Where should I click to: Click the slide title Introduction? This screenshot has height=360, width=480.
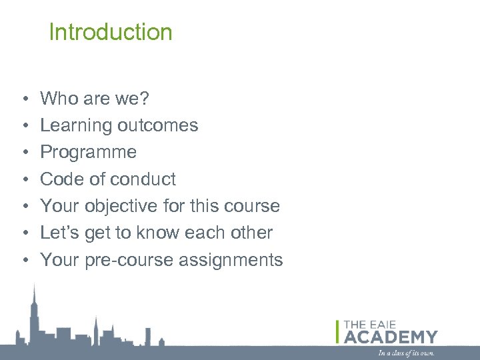(x=111, y=32)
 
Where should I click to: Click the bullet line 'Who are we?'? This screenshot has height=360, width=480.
(x=95, y=99)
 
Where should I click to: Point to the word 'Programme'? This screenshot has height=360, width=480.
(x=88, y=152)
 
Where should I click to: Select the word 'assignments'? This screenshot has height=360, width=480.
(x=231, y=260)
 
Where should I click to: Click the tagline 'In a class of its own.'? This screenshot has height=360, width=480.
(x=406, y=352)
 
